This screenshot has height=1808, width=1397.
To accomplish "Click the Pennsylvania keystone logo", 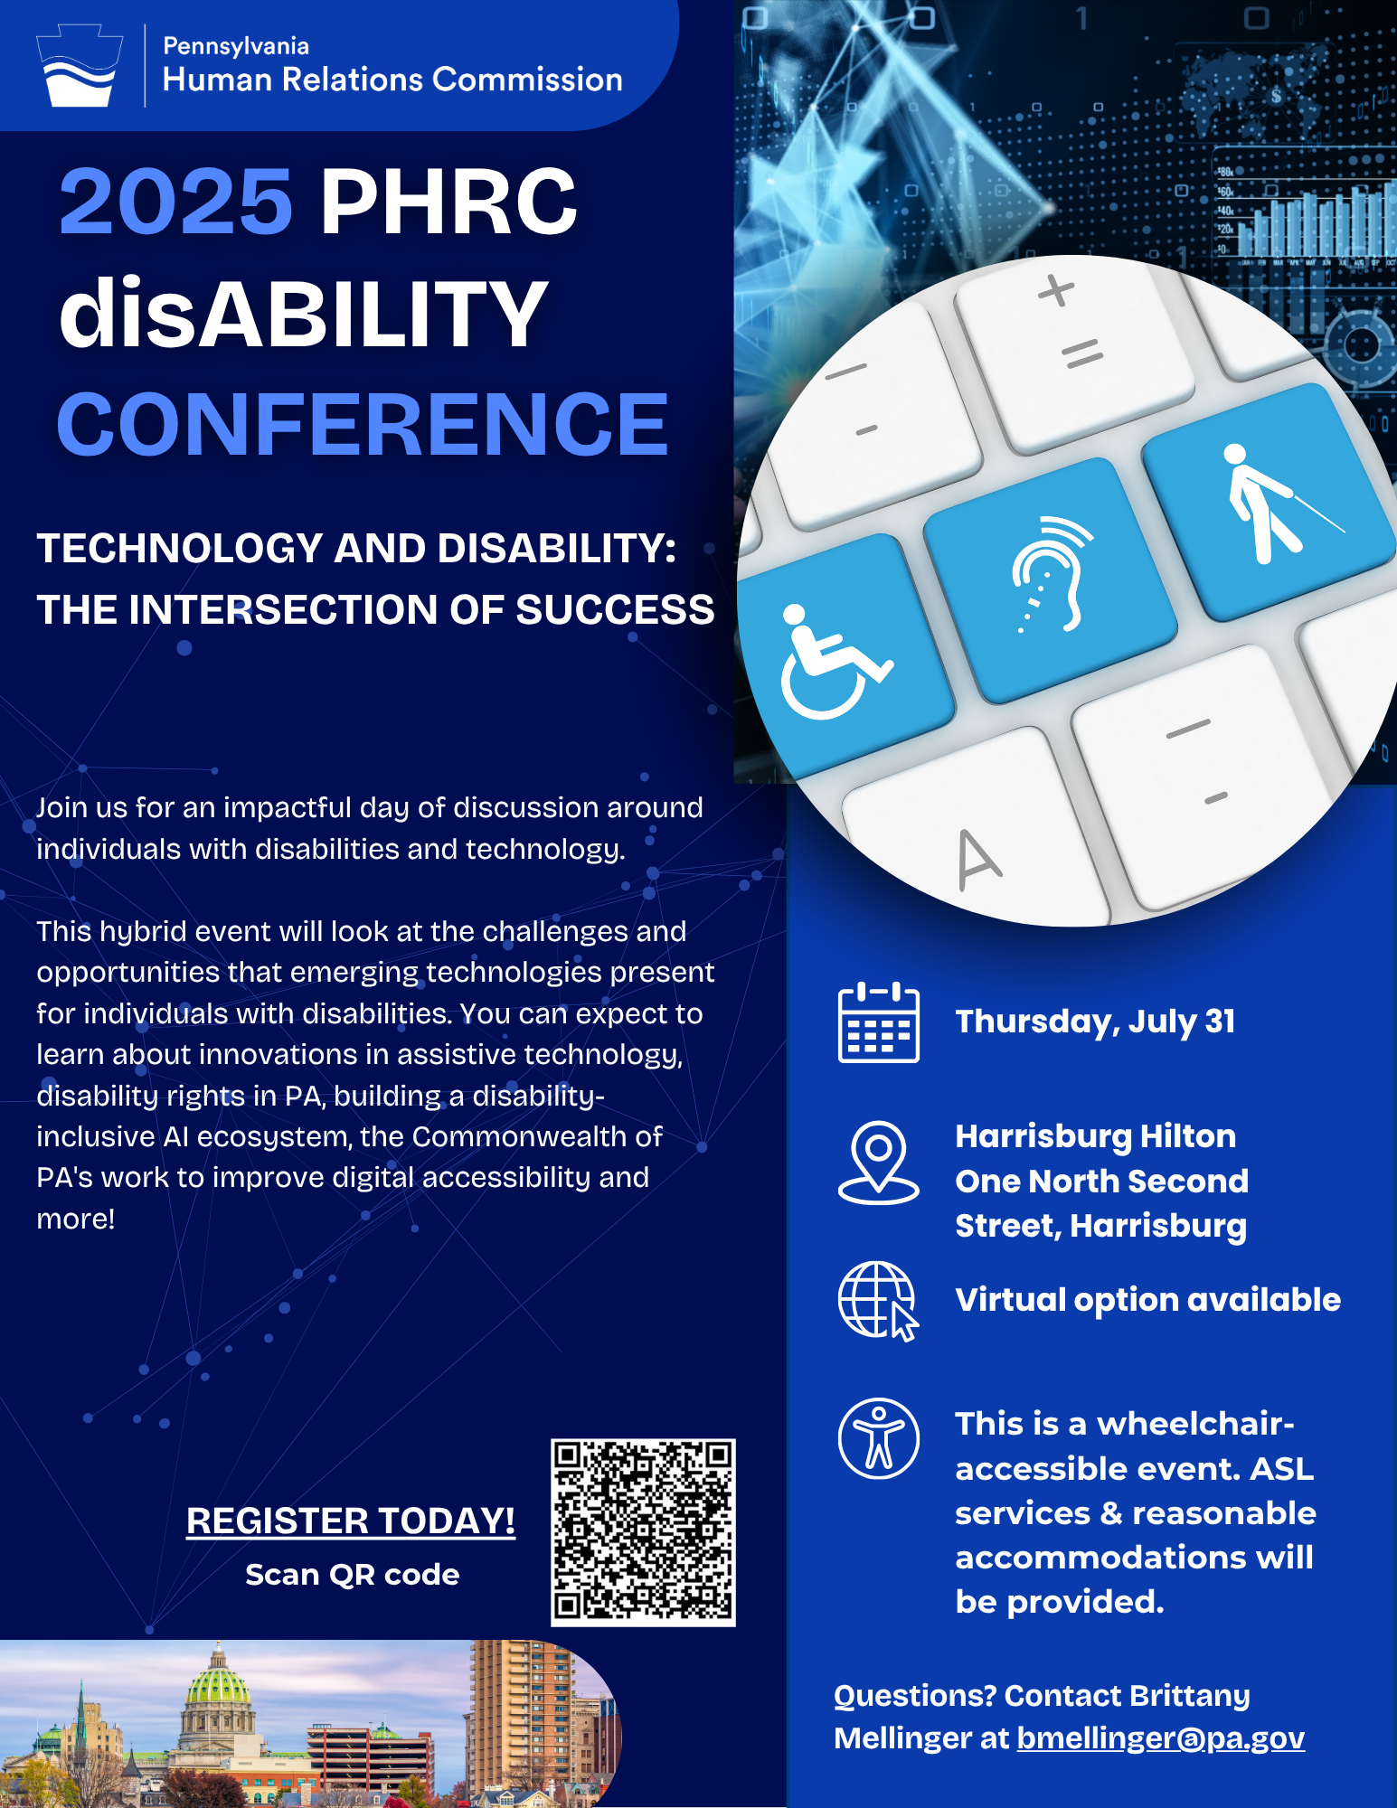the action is pos(80,66).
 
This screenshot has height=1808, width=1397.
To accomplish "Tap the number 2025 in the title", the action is pos(176,202).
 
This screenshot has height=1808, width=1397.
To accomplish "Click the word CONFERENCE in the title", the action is pos(363,424).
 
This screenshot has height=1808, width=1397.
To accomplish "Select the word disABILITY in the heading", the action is pos(304,313).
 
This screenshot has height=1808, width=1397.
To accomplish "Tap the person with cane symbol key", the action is pos(1275,502).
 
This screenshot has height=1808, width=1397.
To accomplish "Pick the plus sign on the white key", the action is pos(1056,291).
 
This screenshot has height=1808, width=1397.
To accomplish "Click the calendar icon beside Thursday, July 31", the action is pos(879,1022).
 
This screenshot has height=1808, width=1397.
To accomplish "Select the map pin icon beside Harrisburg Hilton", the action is pos(879,1163).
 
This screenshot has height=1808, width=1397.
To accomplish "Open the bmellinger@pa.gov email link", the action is pos(1161,1738).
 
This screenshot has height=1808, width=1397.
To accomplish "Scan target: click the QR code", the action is pos(643,1532).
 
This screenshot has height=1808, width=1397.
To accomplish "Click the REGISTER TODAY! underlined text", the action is pos(351,1521).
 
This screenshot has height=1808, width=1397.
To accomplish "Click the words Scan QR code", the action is pos(353,1575).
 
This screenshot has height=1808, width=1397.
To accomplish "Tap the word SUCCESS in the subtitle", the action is pos(615,610).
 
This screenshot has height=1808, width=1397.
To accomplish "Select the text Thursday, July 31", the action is pos(1096,1022).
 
